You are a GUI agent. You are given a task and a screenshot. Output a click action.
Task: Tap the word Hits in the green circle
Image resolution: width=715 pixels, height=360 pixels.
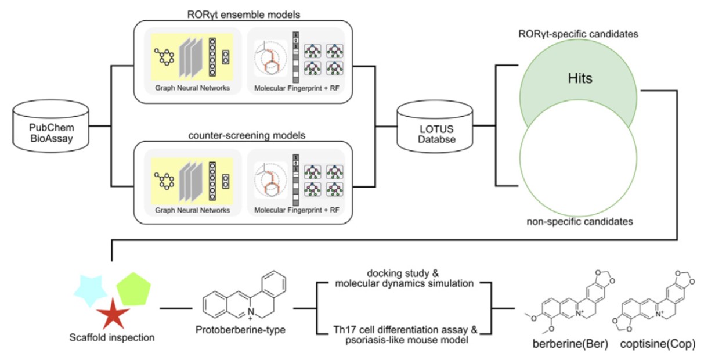click(580, 79)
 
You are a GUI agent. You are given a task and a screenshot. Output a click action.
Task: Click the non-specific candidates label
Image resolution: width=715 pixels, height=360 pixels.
click(580, 221)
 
